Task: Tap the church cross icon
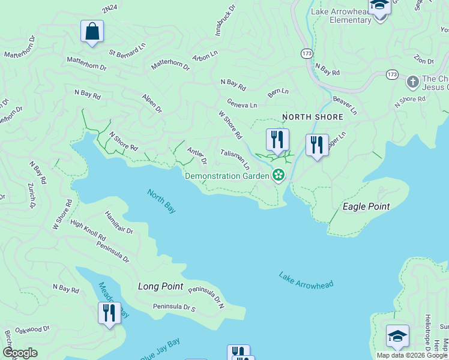[412, 81]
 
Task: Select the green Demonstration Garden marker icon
[278, 175]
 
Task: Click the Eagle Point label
[366, 206]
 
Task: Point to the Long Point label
[160, 286]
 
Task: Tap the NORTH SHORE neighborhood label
[313, 117]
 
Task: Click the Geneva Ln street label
[242, 103]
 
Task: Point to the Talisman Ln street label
[235, 158]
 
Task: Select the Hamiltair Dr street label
[119, 221]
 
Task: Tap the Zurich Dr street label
[31, 196]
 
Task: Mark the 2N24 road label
[110, 10]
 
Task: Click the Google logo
[20, 353]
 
